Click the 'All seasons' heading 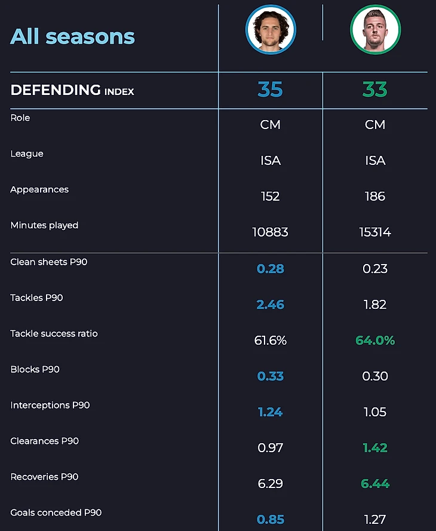coord(72,36)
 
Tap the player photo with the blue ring coord(271,30)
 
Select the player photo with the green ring coord(375,30)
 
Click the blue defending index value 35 coord(270,90)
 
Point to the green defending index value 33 coord(374,90)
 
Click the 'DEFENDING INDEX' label coord(72,90)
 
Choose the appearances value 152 coord(270,197)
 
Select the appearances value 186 coord(374,197)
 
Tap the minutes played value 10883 coord(270,232)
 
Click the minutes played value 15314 coord(374,232)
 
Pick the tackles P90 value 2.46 coord(270,305)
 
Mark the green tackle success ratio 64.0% coord(374,340)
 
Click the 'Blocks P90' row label coord(35,369)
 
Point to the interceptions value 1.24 coord(270,412)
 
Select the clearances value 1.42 coord(374,448)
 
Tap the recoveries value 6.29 coord(270,484)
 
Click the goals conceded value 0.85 coord(270,520)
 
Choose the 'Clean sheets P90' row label coord(48,262)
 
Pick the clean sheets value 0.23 coord(374,269)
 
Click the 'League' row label coord(27,154)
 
